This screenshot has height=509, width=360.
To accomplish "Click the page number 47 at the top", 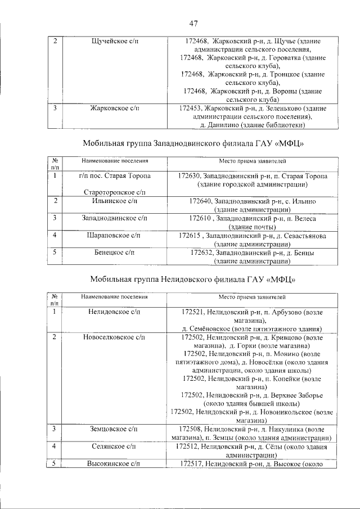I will (x=193, y=23).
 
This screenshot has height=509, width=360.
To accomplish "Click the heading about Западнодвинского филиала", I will (x=193, y=143).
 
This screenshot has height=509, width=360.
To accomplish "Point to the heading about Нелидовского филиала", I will (x=193, y=278).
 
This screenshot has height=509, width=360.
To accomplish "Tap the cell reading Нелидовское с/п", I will (x=114, y=311).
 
